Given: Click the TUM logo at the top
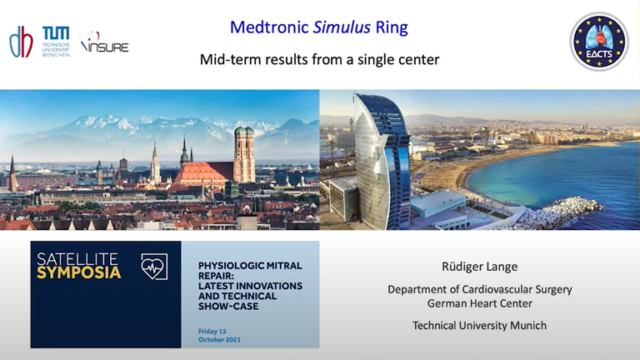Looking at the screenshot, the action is [x=56, y=41].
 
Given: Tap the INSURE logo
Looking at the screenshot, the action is [x=104, y=42].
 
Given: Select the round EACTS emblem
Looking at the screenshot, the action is [x=599, y=42].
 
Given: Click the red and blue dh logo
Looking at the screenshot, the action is [x=21, y=42].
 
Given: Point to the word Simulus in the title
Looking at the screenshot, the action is [x=342, y=27].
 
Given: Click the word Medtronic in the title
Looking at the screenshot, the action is [x=269, y=27].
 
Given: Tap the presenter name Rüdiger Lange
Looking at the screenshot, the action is [x=480, y=267].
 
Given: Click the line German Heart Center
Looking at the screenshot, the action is [x=480, y=303].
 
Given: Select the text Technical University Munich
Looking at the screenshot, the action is [x=480, y=325].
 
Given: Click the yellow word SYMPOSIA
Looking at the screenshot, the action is [x=79, y=273].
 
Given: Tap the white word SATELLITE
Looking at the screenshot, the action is [x=77, y=259].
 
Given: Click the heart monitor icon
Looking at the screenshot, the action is [x=154, y=267].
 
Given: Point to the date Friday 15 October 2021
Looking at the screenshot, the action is [x=219, y=336].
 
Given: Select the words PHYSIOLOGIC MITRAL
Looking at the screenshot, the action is [x=250, y=266].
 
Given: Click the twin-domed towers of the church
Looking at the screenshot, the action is [x=244, y=154].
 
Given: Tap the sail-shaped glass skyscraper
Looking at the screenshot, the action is [x=381, y=161].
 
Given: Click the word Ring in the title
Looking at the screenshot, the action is [x=392, y=27].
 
